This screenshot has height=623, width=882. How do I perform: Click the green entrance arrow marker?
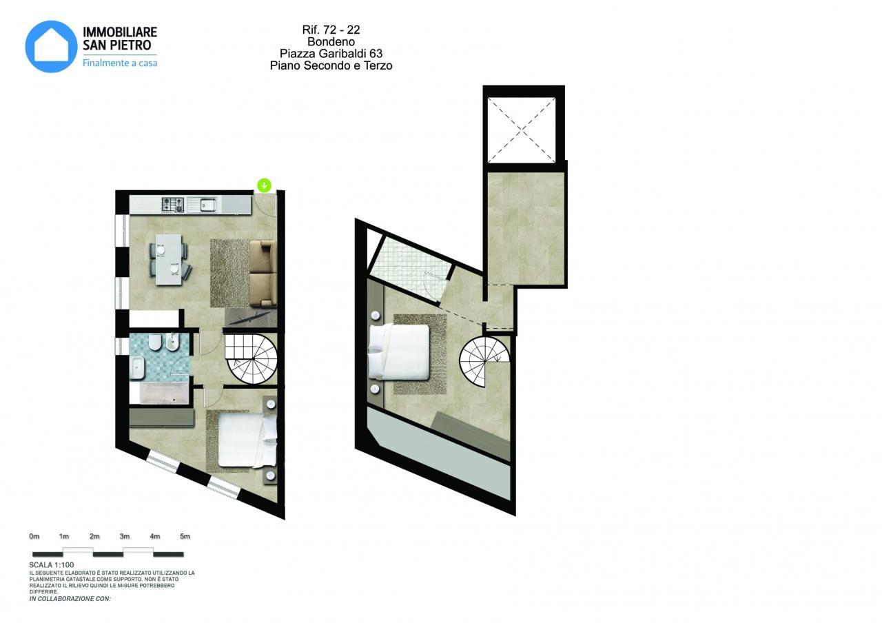264,185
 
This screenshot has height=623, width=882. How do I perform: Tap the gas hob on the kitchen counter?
173,205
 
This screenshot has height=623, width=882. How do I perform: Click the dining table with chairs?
170,260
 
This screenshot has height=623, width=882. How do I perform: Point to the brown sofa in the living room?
263,274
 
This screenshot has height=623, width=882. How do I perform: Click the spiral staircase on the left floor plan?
251,359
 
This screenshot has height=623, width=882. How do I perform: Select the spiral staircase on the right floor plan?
484,362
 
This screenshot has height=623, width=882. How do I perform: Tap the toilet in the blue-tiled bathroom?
154,343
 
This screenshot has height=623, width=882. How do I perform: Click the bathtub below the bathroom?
159,394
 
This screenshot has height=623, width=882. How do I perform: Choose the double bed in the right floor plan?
398,351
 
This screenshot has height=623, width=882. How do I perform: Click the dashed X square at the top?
522,130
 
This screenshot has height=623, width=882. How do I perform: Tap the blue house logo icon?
51,46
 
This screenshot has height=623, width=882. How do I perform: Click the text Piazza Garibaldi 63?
331,53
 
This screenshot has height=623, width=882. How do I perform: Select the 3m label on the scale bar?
125,536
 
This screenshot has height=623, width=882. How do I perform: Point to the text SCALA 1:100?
52,564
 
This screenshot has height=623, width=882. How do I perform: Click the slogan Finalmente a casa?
120,63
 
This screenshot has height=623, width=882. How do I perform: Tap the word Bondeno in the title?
331,41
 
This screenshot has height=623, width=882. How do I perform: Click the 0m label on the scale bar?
34,536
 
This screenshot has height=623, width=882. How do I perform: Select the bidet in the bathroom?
172,343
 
